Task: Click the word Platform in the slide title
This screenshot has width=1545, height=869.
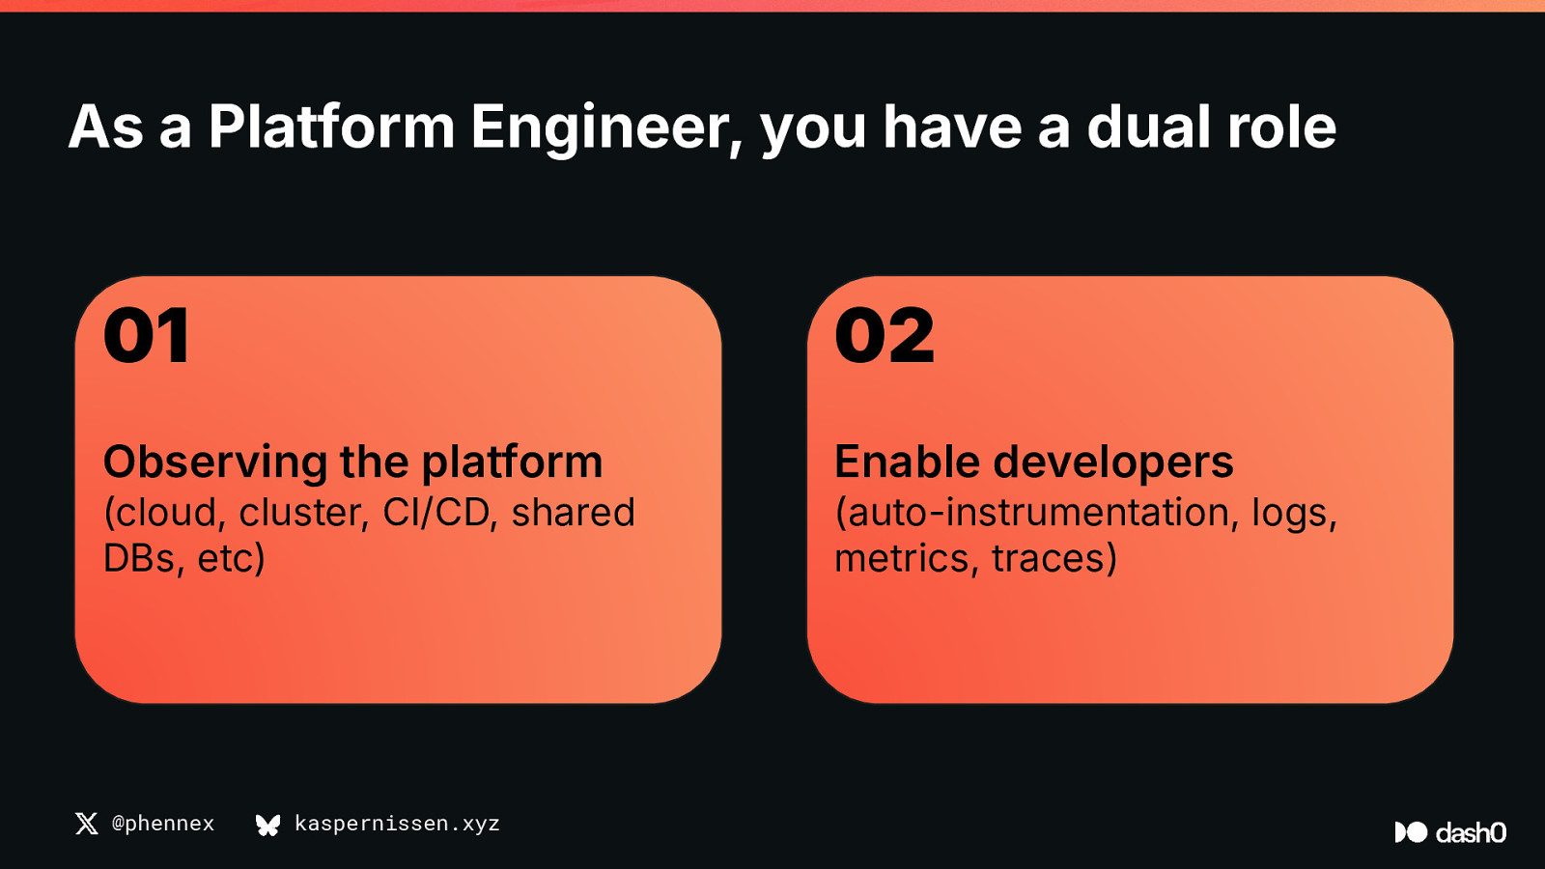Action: click(331, 126)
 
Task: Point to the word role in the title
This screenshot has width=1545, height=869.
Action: click(1281, 126)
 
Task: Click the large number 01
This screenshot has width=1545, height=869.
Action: click(146, 336)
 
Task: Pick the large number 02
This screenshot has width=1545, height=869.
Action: click(885, 336)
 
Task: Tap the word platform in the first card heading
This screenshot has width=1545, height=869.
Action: click(512, 463)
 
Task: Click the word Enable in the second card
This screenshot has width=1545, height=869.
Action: click(907, 462)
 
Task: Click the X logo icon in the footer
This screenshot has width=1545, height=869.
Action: click(86, 824)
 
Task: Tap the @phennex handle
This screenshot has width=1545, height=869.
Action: click(163, 824)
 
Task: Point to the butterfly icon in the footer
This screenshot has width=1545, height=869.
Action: click(267, 825)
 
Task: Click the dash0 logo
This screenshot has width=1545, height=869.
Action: click(1450, 832)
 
